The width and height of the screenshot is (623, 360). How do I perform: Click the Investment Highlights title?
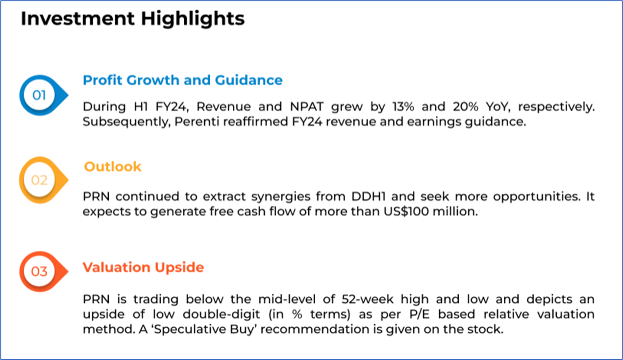[x=133, y=19]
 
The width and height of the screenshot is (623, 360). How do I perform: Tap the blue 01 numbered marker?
[x=44, y=96]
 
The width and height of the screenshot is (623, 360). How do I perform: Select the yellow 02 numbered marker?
[x=44, y=180]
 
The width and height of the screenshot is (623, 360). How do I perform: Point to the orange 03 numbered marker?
[x=44, y=271]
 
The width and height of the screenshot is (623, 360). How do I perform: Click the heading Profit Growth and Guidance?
[x=183, y=80]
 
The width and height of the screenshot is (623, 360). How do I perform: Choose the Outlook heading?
[x=113, y=167]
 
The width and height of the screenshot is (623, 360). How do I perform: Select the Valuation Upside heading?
[x=143, y=267]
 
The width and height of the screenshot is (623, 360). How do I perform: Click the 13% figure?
[x=403, y=106]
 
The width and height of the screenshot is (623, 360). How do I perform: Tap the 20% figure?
[x=465, y=106]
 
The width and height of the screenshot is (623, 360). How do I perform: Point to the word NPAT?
[x=307, y=106]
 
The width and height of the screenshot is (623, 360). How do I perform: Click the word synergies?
[x=281, y=197]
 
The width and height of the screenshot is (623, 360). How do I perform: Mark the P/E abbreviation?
[x=420, y=314]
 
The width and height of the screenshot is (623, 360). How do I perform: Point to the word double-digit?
[x=222, y=314]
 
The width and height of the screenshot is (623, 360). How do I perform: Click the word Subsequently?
[x=127, y=122]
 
